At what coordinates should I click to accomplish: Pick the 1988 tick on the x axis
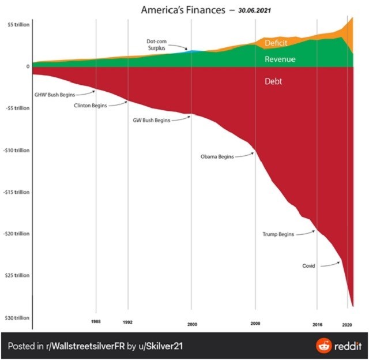[96, 321]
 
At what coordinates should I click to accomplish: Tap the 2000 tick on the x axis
[192, 324]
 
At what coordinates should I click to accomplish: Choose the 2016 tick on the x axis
[317, 324]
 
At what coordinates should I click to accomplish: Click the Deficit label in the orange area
[276, 43]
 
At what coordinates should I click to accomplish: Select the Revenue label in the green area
[280, 59]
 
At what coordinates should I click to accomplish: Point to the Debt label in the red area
[273, 81]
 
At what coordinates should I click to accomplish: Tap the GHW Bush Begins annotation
[51, 93]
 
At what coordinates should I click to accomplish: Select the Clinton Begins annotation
[91, 106]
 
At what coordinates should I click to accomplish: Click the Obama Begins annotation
[217, 156]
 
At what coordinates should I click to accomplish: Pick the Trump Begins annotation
[278, 234]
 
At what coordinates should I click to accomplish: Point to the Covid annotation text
[308, 266]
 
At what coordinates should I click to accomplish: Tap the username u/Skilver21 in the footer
[161, 346]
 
